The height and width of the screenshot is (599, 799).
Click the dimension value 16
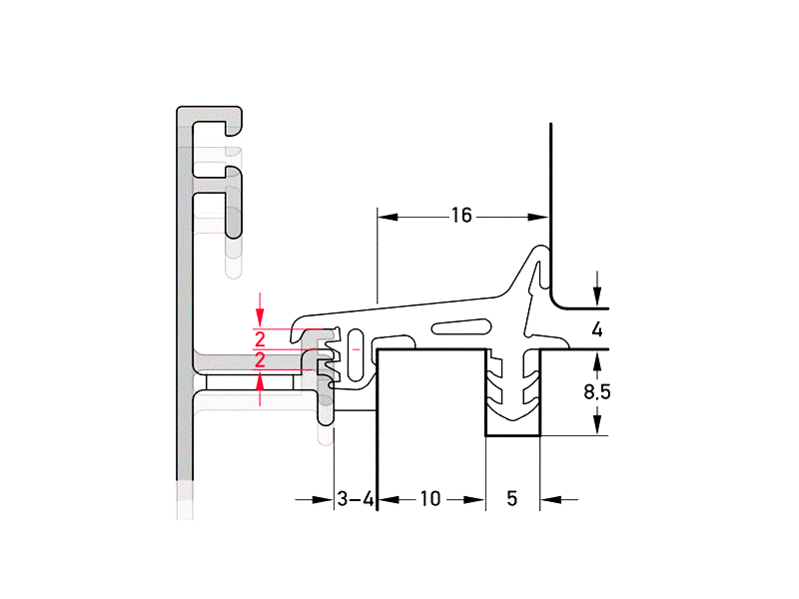pos(460,216)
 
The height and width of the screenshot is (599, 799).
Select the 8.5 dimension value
pos(597,392)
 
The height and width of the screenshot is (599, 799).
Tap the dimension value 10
pos(430,498)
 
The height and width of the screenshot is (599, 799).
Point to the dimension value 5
pos(511,498)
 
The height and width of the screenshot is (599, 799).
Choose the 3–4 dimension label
pos(355,498)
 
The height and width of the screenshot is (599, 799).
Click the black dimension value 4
pos(597,329)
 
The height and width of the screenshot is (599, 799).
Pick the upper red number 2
pos(260,336)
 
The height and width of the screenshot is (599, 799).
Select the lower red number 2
pos(260,359)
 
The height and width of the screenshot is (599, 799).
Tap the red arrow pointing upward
pos(260,384)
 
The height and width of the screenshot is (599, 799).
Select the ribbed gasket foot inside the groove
pos(511,394)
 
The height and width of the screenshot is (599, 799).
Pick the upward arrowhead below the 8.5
pos(597,424)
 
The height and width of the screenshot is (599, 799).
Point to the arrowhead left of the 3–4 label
pos(324,498)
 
